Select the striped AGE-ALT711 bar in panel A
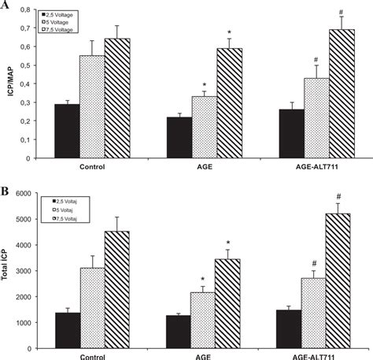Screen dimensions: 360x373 tap(343, 94)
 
